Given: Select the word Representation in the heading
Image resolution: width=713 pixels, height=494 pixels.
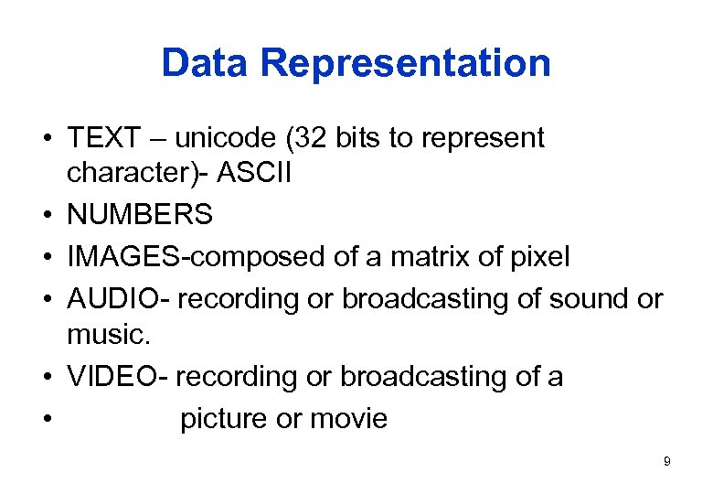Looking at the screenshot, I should (405, 63).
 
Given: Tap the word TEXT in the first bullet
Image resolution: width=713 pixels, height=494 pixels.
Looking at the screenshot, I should (103, 138).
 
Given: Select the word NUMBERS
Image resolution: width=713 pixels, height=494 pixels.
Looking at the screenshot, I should (140, 215).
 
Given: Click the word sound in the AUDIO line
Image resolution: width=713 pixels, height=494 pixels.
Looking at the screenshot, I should (581, 299).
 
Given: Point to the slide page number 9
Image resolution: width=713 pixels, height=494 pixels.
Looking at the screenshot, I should (666, 462).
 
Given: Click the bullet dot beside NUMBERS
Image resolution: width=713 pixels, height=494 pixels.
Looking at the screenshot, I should (44, 216).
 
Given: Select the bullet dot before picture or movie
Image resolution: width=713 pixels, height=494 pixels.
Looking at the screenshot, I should (44, 420).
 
